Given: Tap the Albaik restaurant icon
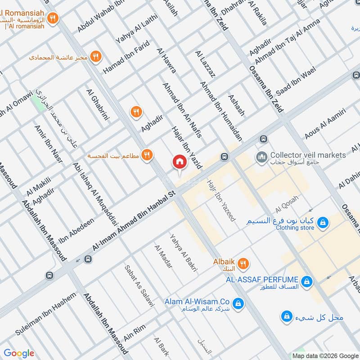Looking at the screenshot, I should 243,263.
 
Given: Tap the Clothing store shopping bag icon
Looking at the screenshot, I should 322,222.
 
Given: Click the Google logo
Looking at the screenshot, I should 19,353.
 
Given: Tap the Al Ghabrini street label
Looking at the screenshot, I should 98,104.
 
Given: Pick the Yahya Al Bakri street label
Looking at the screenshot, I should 184,253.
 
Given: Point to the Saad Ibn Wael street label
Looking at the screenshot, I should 296,81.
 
